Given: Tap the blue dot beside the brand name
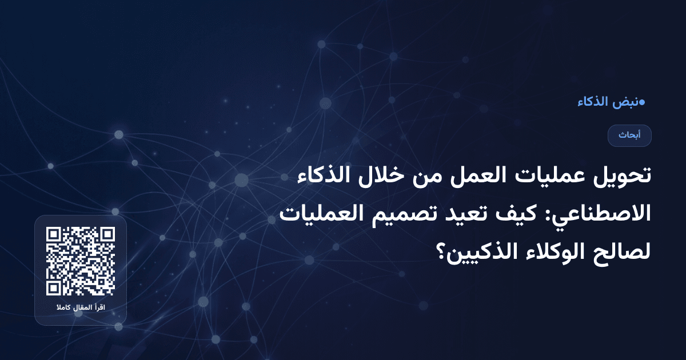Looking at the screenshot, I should tap(641, 102).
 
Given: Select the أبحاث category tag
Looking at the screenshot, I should tap(629, 135).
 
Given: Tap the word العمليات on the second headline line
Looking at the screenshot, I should tap(323, 213).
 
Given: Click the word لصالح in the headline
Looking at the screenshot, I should tap(624, 250).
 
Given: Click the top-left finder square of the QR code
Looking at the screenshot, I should tap(54, 235).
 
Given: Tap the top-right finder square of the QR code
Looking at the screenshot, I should tap(107, 235).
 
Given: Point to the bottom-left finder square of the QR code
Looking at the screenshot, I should tap(54, 287).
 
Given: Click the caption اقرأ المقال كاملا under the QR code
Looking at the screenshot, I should tap(81, 309).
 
